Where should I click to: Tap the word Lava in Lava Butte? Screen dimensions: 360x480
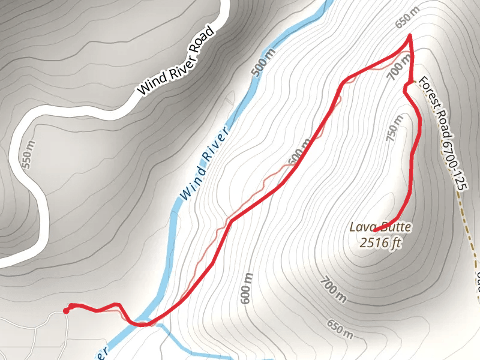click(362, 227)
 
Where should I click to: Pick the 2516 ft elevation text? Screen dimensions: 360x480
click(379, 243)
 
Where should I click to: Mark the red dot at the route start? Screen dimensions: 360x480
click(66, 311)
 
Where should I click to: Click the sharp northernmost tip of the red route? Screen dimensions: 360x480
click(410, 36)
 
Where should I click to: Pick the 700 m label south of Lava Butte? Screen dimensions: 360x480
click(334, 290)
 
